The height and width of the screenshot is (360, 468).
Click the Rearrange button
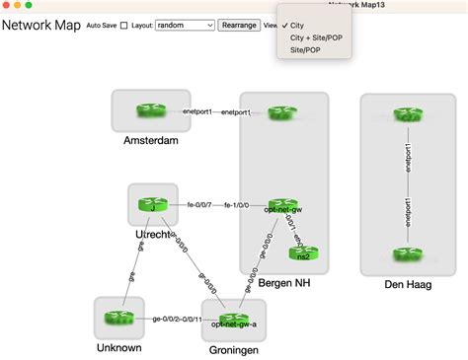[x=238, y=26]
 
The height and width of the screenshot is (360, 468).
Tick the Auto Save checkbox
[x=123, y=26]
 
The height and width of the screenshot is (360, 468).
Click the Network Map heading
[x=40, y=26]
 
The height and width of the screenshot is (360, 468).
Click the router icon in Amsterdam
[x=151, y=111]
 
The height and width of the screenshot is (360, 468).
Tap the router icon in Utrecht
[x=152, y=204]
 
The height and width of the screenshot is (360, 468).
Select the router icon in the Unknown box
[x=119, y=318]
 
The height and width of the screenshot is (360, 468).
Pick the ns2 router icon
[x=303, y=252]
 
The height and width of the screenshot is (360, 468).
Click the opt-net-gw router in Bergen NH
[x=281, y=204]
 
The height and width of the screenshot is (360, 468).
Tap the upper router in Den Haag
[x=407, y=115]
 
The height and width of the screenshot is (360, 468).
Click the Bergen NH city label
[x=283, y=283]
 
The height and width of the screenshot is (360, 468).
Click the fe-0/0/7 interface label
[x=200, y=205]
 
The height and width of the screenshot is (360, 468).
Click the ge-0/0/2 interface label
[x=165, y=320]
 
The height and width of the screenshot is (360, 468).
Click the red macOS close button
[x=8, y=5]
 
